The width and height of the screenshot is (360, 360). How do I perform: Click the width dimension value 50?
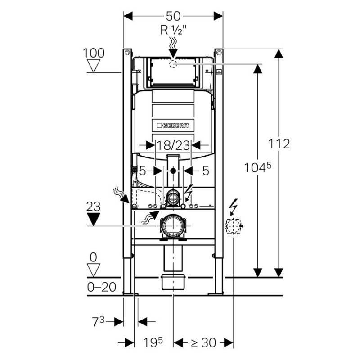[x=173, y=16]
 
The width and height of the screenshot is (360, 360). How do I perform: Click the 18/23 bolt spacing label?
[x=173, y=145]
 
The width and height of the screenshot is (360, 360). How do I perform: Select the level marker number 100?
[x=94, y=53]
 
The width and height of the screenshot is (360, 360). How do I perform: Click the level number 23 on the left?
[x=94, y=207]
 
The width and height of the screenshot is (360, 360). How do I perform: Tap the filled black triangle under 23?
[x=94, y=219]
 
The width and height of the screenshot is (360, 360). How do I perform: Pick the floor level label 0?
[x=94, y=257]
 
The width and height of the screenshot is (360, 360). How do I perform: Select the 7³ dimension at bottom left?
[x=99, y=321]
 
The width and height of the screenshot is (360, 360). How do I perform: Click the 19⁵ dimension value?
[x=153, y=342]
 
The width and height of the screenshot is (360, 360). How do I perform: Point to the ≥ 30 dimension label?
[x=203, y=342]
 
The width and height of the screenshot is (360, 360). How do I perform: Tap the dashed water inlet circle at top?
[x=173, y=64]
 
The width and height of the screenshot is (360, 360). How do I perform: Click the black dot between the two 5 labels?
[x=173, y=171]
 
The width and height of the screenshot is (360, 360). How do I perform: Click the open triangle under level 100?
[x=94, y=66]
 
